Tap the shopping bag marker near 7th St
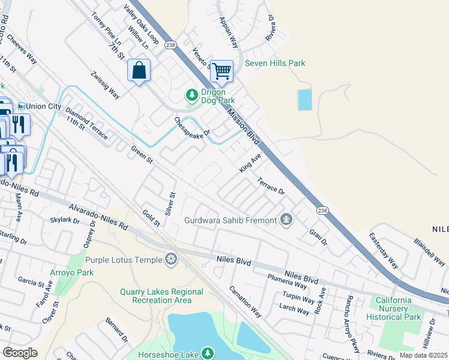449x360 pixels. point(139,71)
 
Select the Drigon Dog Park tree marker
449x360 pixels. point(191,95)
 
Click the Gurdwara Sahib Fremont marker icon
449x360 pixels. point(286,220)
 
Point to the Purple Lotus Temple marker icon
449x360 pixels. point(171,259)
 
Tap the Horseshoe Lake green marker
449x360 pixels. point(208,353)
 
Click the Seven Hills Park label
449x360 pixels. point(275,63)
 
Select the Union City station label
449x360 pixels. point(41,106)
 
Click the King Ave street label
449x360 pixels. point(251,162)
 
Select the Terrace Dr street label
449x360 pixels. point(271,186)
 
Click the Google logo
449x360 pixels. point(20,353)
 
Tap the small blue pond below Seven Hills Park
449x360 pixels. point(305,100)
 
